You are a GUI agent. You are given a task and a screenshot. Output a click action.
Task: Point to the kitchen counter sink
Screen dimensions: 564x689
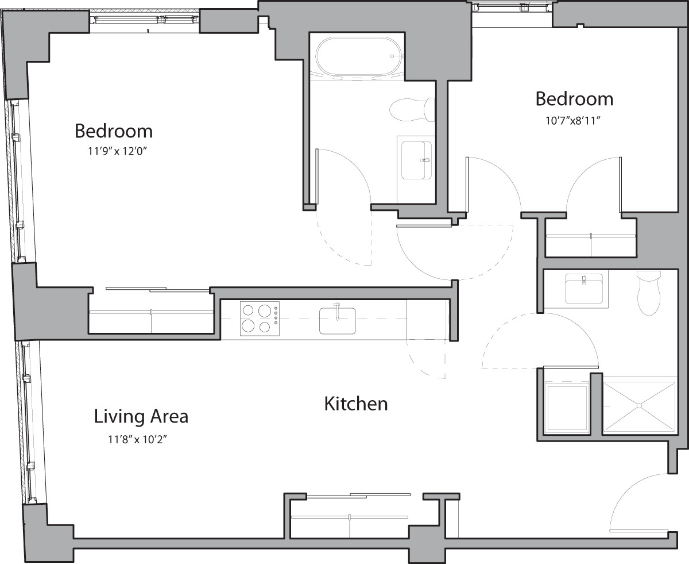click(337, 320)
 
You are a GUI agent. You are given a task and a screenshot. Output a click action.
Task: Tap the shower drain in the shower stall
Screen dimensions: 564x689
click(638, 406)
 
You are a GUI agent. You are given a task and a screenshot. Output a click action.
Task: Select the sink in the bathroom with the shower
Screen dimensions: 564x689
click(583, 287)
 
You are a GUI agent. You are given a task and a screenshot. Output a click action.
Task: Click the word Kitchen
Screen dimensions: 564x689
click(356, 404)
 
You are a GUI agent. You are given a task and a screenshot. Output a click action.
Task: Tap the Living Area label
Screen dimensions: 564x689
click(141, 416)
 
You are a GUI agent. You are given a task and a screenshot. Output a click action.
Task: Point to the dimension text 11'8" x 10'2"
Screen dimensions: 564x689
click(141, 440)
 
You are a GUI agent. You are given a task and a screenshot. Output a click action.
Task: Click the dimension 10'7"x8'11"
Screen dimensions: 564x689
click(574, 120)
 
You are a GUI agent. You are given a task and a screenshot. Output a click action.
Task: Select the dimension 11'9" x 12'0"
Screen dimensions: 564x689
click(114, 152)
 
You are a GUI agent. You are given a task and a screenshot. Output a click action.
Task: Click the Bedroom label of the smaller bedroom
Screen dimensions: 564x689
click(574, 99)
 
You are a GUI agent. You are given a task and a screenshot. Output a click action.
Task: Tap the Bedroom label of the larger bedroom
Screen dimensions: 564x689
click(114, 131)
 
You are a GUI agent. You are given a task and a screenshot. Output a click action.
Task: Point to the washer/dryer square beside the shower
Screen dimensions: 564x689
click(567, 408)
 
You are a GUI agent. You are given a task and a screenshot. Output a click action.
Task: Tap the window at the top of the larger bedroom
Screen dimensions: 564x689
click(145, 20)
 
